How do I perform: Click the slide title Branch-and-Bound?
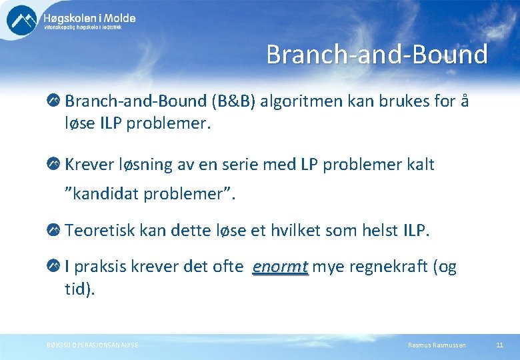[377, 55]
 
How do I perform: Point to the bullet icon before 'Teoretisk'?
[53, 231]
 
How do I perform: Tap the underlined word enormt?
[280, 267]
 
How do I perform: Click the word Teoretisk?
[101, 231]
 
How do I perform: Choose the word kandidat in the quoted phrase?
[107, 194]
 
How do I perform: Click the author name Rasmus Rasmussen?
[437, 345]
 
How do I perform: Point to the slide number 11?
[499, 345]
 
